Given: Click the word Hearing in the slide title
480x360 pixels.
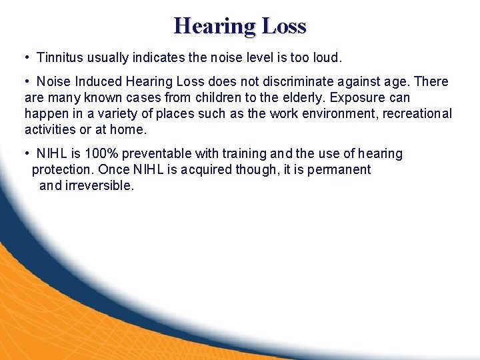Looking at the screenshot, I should pos(214,26).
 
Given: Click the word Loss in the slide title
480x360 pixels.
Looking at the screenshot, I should pos(284,26).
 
